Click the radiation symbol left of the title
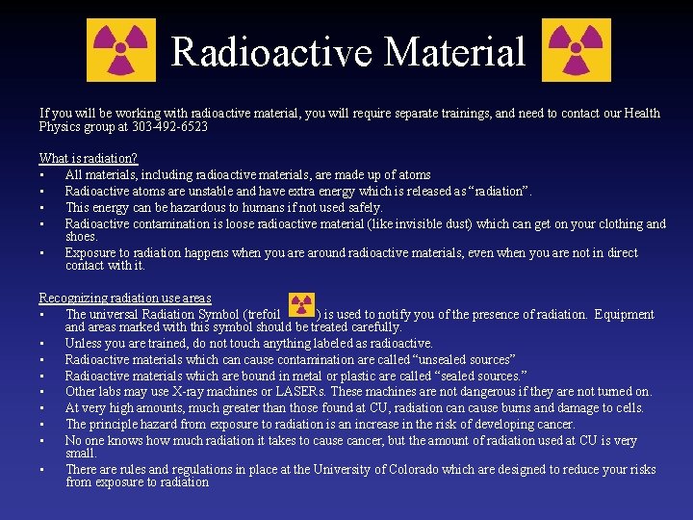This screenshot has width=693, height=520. [x=121, y=50]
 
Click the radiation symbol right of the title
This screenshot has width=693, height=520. [x=577, y=50]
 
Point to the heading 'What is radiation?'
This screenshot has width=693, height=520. [x=89, y=158]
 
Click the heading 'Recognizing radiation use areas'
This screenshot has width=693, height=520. [x=125, y=299]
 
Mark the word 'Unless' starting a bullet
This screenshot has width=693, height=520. [x=84, y=343]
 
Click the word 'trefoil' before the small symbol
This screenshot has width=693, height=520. [x=261, y=314]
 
